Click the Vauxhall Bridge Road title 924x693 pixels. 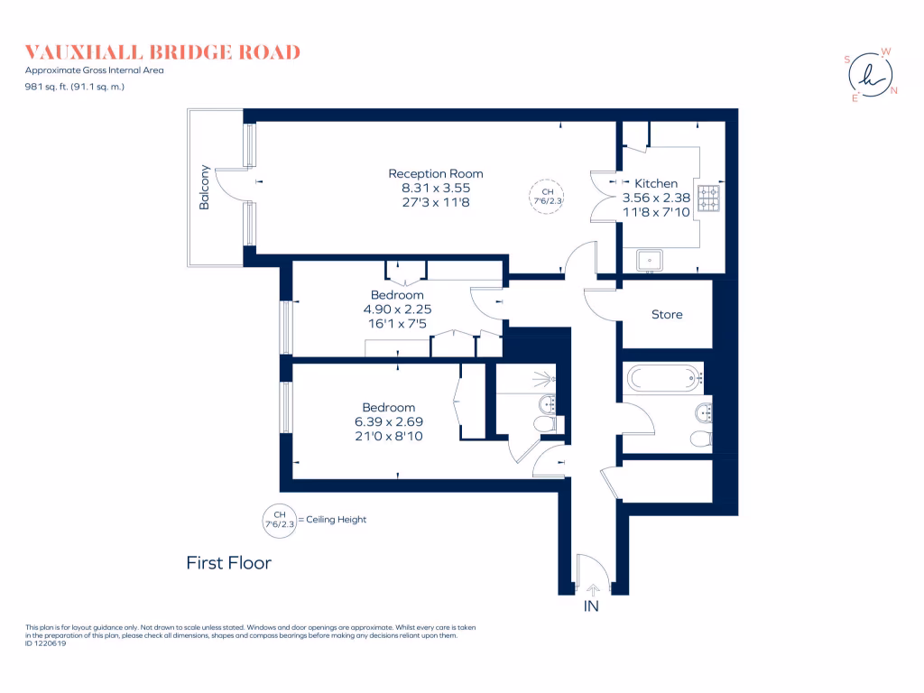coord(162,52)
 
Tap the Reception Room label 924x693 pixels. coord(436,173)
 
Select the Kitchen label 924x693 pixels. coord(656,183)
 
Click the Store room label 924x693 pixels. coord(667,315)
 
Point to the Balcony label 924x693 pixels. coord(205,188)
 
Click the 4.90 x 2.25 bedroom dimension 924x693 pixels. coord(397,309)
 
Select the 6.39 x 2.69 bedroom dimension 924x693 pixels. coord(389,421)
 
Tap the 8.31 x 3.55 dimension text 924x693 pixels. coord(436,188)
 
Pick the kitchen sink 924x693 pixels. coord(650,260)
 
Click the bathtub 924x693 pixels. coord(663,375)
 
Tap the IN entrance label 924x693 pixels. coord(592,606)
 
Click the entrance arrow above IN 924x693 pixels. coord(592,588)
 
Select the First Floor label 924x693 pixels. coord(228,563)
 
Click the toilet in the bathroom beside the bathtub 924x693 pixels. coord(700,439)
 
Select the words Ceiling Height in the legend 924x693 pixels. coord(337,520)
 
